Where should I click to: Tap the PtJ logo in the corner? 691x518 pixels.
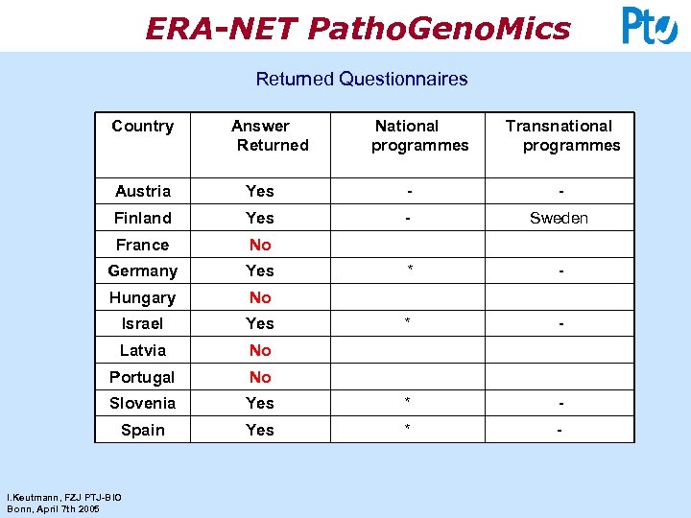(649, 26)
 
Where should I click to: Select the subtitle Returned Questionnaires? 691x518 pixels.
(361, 79)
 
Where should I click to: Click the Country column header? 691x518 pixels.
(142, 127)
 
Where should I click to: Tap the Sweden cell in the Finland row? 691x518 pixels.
(559, 218)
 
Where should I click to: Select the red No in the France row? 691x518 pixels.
(260, 245)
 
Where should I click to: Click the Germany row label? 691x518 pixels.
(142, 271)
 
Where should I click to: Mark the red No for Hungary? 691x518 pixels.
(260, 297)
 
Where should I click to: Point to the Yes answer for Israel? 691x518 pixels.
(260, 323)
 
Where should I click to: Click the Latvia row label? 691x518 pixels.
(142, 350)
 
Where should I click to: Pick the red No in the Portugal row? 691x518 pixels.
(260, 377)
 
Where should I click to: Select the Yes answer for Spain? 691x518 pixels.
(260, 430)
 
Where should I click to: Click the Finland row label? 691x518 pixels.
(142, 218)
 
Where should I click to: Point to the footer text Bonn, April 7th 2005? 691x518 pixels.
(53, 508)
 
